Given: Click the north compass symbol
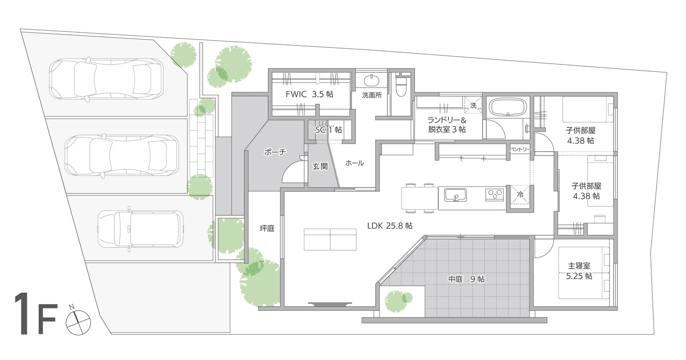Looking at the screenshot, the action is [78, 322].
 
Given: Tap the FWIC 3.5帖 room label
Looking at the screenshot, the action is [309, 94].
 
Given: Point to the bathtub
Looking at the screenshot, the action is [508, 107].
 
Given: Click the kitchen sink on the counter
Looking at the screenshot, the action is [455, 195].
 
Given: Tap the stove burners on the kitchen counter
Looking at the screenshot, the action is [494, 195].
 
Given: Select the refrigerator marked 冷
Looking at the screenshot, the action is [520, 194].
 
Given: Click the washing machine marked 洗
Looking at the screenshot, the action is [473, 105].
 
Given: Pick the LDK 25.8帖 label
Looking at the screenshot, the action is [390, 226].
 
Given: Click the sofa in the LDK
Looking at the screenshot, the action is [330, 239].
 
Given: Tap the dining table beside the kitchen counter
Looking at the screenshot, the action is [420, 198].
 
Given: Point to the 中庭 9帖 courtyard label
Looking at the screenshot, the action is [466, 279].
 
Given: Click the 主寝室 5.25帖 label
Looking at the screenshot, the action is [579, 271].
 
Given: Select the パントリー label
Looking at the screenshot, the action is [520, 149].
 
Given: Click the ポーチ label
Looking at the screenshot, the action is [275, 152].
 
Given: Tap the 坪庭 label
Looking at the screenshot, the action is [267, 228].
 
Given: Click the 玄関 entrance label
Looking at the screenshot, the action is [320, 166].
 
